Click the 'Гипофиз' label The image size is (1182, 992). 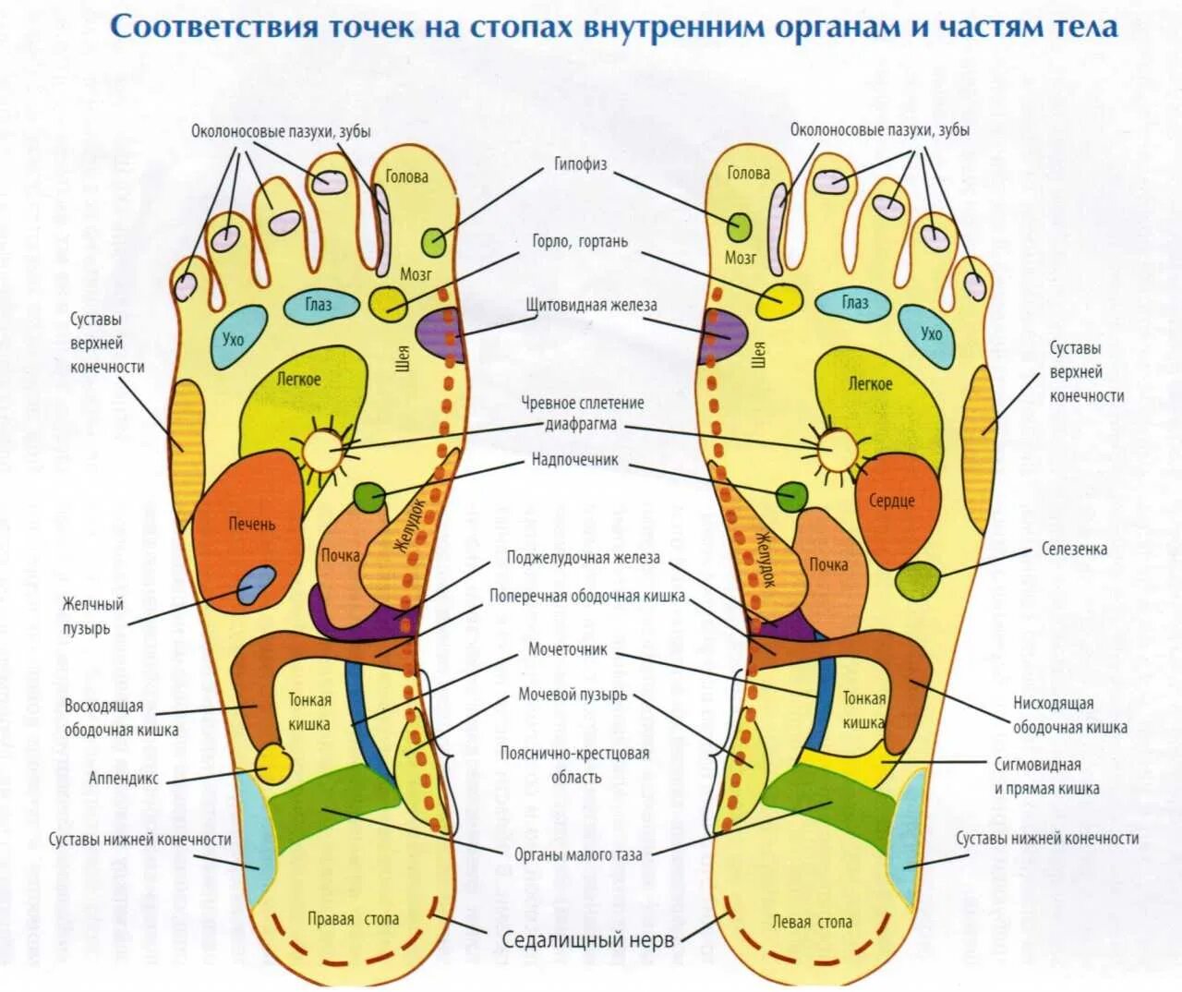580,164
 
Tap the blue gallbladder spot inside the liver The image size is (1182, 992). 255,586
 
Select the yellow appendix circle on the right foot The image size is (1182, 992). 274,764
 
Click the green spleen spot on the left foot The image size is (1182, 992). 918,581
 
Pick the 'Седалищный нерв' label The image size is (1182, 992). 587,940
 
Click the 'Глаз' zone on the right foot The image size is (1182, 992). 319,305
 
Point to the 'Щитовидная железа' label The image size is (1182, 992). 591,305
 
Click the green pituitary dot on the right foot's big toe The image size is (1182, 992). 434,242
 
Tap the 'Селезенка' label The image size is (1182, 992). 1074,549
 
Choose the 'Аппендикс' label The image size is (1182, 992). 123,779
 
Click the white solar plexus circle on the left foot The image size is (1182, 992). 838,449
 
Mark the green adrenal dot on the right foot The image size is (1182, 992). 369,497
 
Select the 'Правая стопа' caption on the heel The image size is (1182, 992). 353,919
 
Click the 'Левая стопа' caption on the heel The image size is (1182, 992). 812,922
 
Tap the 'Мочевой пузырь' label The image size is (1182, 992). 572,695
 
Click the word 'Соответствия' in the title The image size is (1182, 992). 213,27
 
